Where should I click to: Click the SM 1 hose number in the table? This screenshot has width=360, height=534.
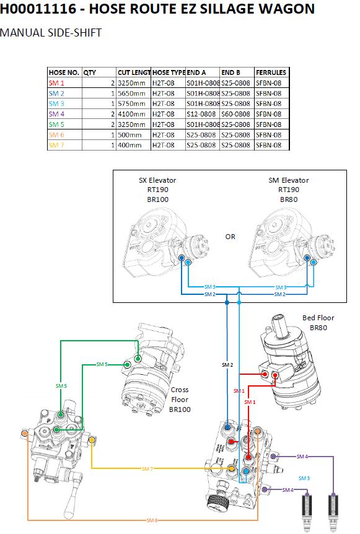pos(56,83)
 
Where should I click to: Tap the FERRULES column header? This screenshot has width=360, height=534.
pos(271,72)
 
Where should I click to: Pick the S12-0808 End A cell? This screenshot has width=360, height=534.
pos(201,114)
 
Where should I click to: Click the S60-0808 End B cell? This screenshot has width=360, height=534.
pos(235,114)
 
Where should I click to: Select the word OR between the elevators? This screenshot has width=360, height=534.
pos(230,237)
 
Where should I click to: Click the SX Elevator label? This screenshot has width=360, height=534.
pos(157,180)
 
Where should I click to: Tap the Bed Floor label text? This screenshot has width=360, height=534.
pos(318,318)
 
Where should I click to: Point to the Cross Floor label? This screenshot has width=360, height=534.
pos(180,395)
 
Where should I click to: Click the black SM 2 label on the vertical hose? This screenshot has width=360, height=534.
pos(227,365)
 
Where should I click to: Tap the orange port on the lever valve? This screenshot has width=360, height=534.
pos(25,434)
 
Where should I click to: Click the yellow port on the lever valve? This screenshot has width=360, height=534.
pos(92,440)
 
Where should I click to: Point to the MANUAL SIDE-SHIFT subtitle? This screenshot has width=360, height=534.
pos(51,33)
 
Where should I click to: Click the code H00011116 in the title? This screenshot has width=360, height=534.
pos(38,9)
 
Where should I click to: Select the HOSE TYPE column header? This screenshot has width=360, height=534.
pos(169,72)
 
